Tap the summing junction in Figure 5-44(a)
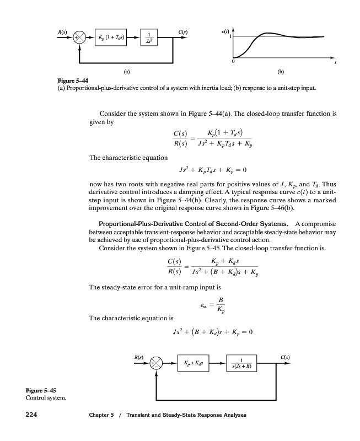(x=80, y=37)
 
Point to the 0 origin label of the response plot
(x=233, y=61)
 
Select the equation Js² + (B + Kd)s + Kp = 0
(x=212, y=332)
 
